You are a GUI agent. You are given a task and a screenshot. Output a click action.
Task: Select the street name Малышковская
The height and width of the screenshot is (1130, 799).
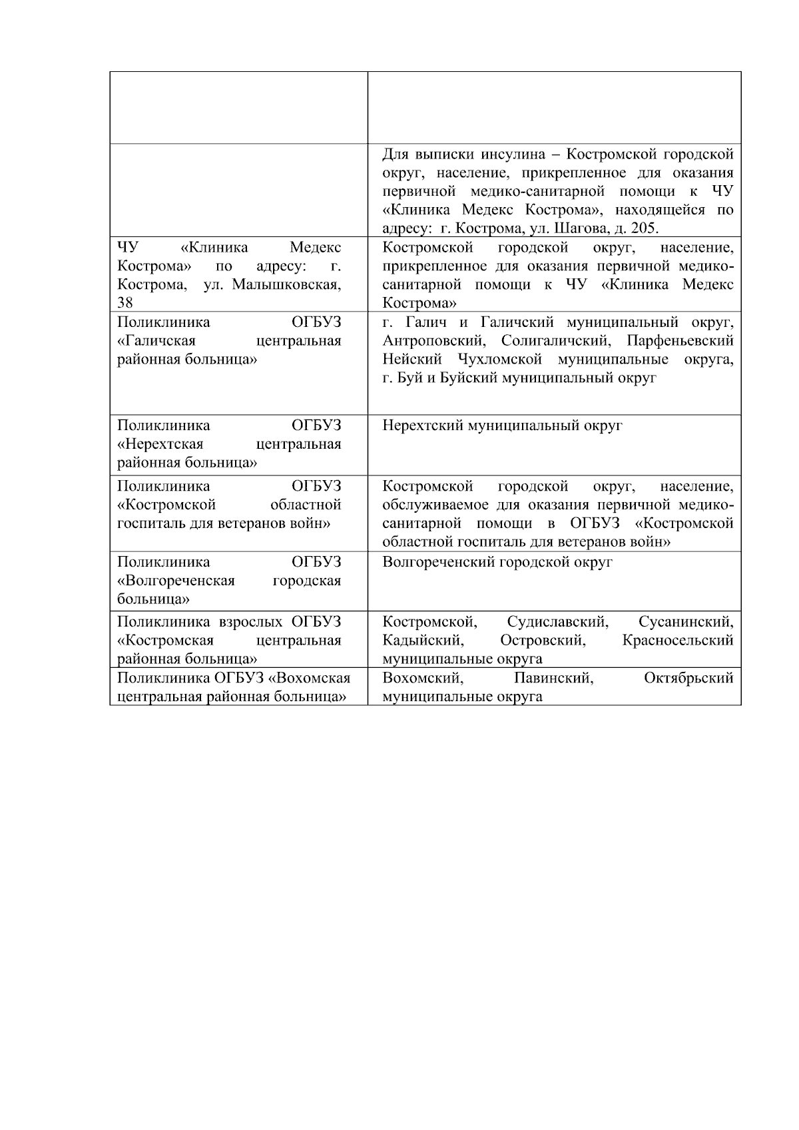pyautogui.click(x=286, y=285)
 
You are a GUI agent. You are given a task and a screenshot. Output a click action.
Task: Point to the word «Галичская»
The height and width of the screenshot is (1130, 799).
pyautogui.click(x=157, y=341)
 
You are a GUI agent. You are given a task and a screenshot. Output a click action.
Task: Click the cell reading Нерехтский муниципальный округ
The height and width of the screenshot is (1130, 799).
pyautogui.click(x=502, y=425)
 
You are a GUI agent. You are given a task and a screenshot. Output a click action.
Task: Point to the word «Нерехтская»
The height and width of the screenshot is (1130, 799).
pyautogui.click(x=160, y=444)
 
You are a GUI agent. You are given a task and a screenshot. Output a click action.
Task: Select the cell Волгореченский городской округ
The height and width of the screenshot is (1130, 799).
pyautogui.click(x=497, y=562)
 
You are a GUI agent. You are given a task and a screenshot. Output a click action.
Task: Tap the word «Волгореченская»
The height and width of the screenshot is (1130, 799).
pyautogui.click(x=176, y=581)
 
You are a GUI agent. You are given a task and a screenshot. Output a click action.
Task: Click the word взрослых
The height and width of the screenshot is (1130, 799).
pyautogui.click(x=250, y=622)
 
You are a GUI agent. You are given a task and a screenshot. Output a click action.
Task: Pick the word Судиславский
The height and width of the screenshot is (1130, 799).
pyautogui.click(x=557, y=622)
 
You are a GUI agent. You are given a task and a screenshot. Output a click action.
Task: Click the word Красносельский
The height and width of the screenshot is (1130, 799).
pyautogui.click(x=678, y=641)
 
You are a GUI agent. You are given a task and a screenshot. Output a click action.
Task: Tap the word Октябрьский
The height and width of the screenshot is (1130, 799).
pyautogui.click(x=688, y=679)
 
